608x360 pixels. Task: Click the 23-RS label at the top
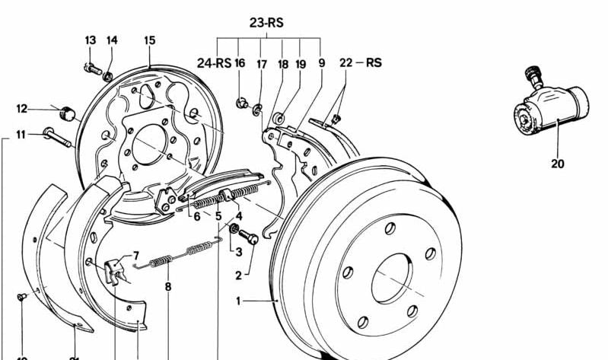[x=266, y=23]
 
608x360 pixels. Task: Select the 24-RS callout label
[x=214, y=63]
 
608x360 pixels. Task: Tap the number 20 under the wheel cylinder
[x=558, y=162]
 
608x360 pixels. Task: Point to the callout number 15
[x=149, y=40]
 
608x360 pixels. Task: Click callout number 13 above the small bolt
[x=91, y=40]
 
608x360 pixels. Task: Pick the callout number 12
[x=22, y=108]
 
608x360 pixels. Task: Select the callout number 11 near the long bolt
[x=21, y=135]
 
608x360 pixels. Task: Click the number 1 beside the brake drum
[x=238, y=301]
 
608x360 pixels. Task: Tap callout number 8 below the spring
[x=168, y=287]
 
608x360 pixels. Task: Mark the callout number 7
[x=136, y=256]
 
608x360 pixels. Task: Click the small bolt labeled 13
[x=93, y=69]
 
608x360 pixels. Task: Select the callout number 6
[x=196, y=216]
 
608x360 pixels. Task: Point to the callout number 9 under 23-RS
[x=321, y=63]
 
